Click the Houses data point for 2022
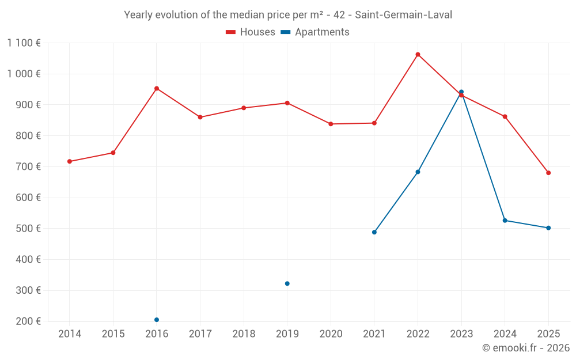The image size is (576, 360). pyautogui.click(x=418, y=55)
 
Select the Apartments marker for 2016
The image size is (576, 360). pyautogui.click(x=157, y=320)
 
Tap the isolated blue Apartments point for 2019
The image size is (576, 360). pyautogui.click(x=287, y=283)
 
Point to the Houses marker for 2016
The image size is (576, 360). pyautogui.click(x=157, y=89)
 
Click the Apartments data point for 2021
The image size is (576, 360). pyautogui.click(x=374, y=232)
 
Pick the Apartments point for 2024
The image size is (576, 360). pyautogui.click(x=505, y=221)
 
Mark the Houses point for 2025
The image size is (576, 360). pyautogui.click(x=548, y=173)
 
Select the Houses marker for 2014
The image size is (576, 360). pyautogui.click(x=70, y=161)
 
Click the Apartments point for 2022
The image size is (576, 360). pyautogui.click(x=418, y=172)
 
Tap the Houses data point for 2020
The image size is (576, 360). pyautogui.click(x=331, y=124)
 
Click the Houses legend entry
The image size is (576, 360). pyautogui.click(x=251, y=32)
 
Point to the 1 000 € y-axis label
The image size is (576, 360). pyautogui.click(x=24, y=74)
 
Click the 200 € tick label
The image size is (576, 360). pyautogui.click(x=29, y=321)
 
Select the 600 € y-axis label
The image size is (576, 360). pyautogui.click(x=29, y=198)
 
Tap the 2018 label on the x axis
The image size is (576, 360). pyautogui.click(x=244, y=334)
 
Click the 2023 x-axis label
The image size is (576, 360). pyautogui.click(x=461, y=334)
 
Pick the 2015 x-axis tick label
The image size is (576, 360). pyautogui.click(x=113, y=334)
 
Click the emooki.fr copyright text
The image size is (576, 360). pyautogui.click(x=526, y=348)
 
